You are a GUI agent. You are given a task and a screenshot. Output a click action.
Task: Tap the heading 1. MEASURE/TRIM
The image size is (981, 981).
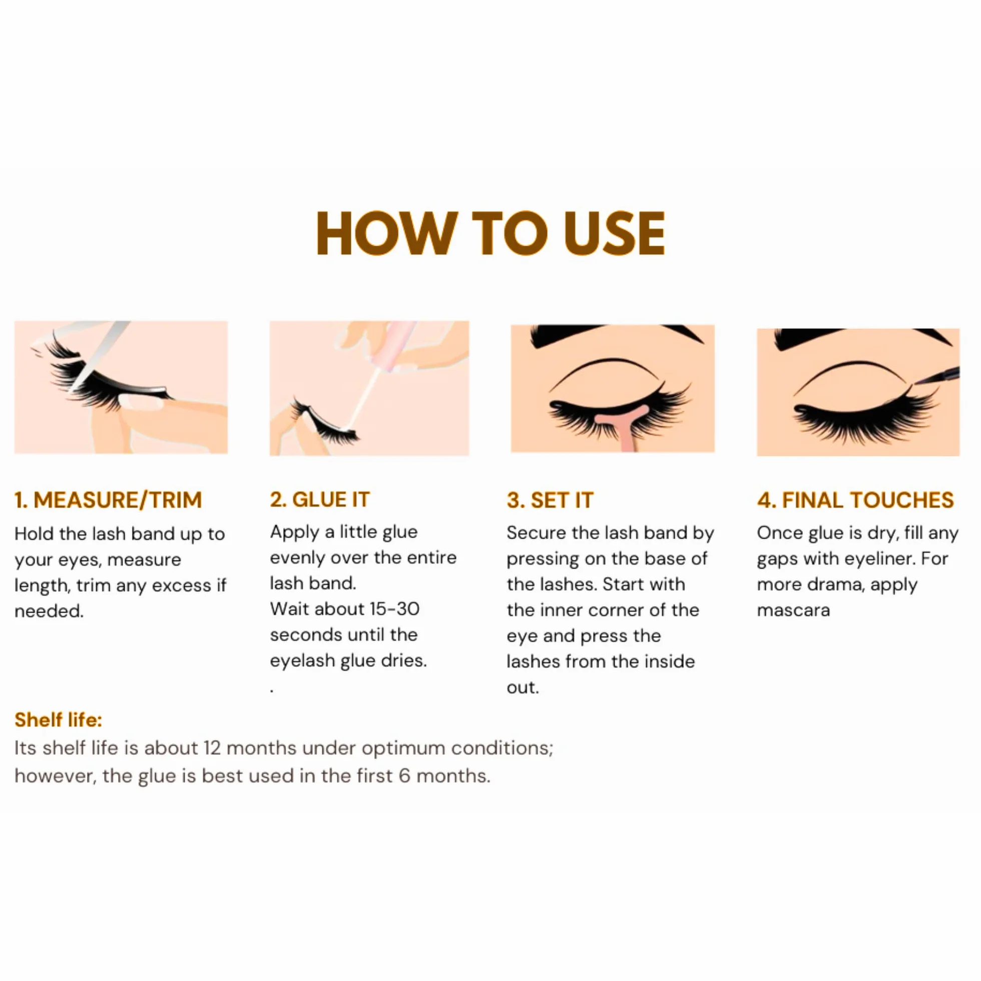click(x=108, y=500)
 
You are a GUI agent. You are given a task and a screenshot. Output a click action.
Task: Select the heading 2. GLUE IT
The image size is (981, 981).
click(x=320, y=500)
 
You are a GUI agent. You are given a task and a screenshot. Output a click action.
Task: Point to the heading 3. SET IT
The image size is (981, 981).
click(x=550, y=500)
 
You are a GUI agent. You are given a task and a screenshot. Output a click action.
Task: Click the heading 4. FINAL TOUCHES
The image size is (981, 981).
click(x=855, y=500)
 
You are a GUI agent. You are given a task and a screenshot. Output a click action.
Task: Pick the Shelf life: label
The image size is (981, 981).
click(x=59, y=720)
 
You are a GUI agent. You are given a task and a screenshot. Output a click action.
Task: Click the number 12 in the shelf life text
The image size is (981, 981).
click(x=212, y=748)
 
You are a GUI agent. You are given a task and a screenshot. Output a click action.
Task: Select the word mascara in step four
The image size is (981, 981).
click(x=793, y=610)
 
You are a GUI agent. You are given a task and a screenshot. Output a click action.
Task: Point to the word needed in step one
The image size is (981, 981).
click(x=49, y=611)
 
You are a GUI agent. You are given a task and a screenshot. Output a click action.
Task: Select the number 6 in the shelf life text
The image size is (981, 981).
click(x=405, y=776)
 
